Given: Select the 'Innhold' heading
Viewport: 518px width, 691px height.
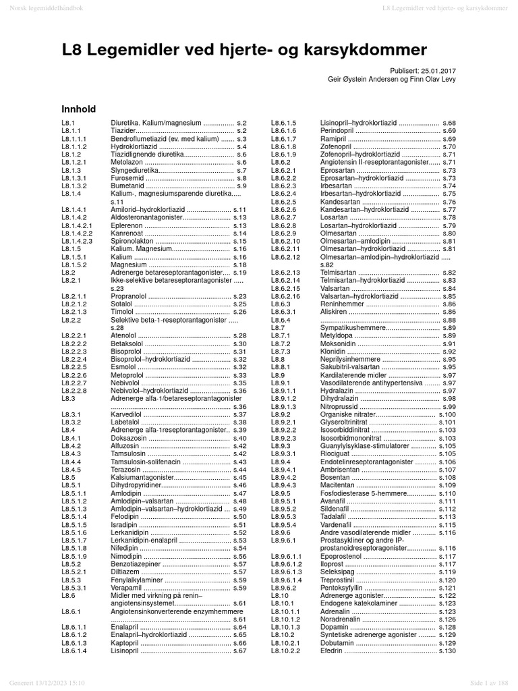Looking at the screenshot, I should [78, 109].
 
